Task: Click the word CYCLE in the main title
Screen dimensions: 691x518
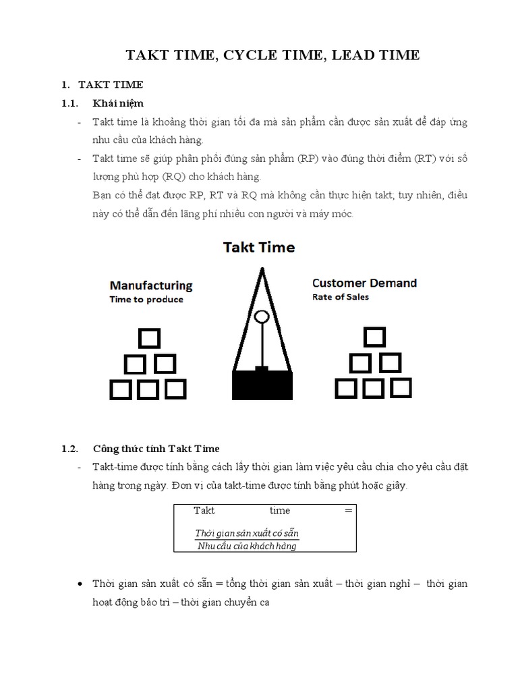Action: (x=246, y=55)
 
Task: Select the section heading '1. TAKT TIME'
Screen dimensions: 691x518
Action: (x=102, y=85)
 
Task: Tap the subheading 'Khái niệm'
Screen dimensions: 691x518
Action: (x=118, y=103)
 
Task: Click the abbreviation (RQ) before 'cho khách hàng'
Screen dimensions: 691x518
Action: (x=174, y=177)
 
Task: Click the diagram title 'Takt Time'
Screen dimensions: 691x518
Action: (x=259, y=248)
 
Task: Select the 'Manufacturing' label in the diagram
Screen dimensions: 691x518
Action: (x=151, y=285)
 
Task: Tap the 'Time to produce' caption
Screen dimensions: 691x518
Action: (x=146, y=300)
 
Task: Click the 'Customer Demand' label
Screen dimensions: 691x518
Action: (x=364, y=283)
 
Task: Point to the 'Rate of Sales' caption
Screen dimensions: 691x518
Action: (x=341, y=297)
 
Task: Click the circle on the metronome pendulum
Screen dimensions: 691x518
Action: (x=262, y=316)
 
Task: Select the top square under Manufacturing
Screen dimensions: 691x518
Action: (x=148, y=338)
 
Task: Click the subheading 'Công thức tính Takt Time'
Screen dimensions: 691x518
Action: (x=156, y=449)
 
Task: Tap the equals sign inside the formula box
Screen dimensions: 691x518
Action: (x=348, y=511)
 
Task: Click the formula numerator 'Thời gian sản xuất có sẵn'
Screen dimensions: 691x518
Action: (x=247, y=534)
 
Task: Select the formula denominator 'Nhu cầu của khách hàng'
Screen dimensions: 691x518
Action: (x=247, y=546)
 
